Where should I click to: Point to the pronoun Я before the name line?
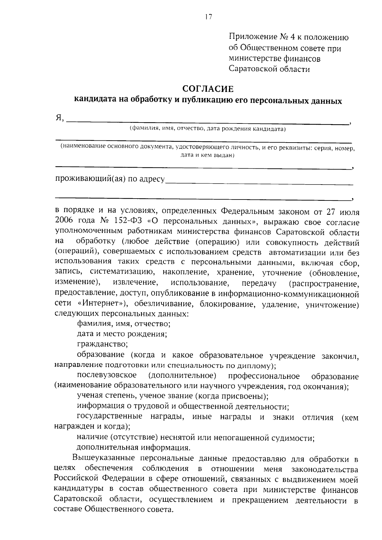click(59, 118)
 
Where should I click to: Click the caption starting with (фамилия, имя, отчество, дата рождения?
click(208, 129)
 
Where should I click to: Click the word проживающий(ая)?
click(90, 179)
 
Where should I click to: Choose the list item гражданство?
click(102, 344)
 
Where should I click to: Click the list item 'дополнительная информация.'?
click(134, 448)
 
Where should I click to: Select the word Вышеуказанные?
click(104, 459)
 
